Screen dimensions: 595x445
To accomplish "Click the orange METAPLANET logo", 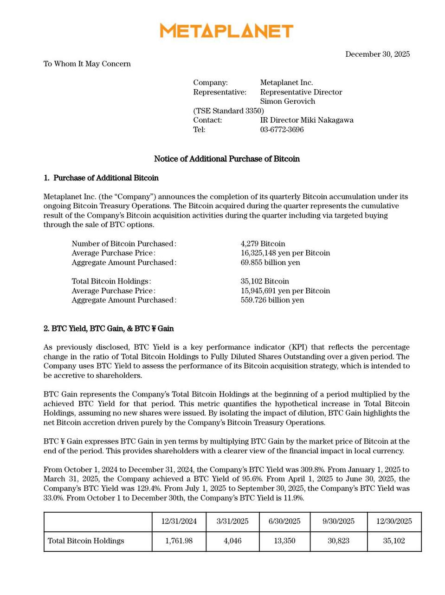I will tap(226, 31).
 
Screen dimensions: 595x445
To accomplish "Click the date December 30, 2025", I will tap(377, 54).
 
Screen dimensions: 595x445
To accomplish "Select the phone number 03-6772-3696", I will tap(282, 130).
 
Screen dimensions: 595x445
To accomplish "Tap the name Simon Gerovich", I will tap(287, 101).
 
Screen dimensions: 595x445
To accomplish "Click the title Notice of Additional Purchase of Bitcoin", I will tap(226, 159).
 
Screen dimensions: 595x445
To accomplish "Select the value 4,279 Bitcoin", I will tap(263, 244).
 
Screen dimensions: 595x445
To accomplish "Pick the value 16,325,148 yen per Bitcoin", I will tap(285, 253).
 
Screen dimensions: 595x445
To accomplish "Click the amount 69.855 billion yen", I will tap(270, 263).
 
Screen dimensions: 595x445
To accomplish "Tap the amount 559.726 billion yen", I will tap(272, 300).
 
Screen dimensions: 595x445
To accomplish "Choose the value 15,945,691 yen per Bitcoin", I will tap(285, 291).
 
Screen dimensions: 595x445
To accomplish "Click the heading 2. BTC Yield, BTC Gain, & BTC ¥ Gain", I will tap(109, 329).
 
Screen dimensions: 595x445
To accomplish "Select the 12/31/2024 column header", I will tap(179, 522).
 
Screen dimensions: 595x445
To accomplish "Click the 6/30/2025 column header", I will tap(284, 522).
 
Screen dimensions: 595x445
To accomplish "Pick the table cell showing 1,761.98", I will tap(179, 541).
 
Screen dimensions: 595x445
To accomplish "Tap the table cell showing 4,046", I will tap(232, 541).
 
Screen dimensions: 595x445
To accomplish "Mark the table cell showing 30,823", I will tap(338, 541).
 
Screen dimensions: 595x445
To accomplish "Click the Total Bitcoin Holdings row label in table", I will tap(86, 541).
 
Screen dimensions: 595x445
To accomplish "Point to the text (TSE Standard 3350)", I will tap(228, 111).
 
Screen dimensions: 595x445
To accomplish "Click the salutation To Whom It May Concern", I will tap(87, 64).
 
